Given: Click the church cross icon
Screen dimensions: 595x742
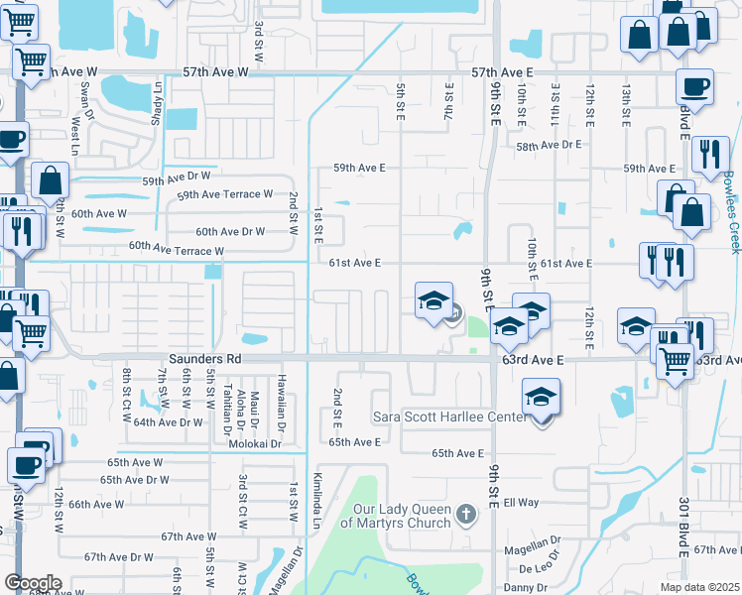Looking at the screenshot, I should [468, 516].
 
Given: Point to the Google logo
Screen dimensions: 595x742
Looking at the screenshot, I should [33, 583].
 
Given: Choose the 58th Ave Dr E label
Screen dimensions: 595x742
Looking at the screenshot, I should [548, 146].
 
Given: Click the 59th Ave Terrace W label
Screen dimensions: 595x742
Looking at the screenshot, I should [224, 194].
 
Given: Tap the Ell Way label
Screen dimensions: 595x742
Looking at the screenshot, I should [521, 503].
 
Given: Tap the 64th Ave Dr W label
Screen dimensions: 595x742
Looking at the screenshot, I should [168, 421].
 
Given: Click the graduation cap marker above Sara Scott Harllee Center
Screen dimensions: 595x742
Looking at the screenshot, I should [542, 398].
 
